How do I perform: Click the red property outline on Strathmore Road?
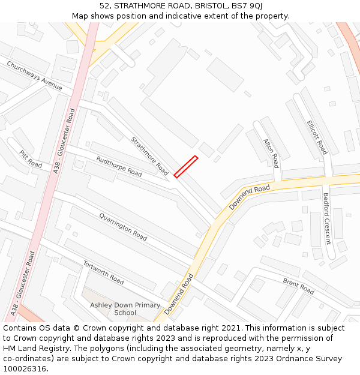pyautogui.click(x=186, y=167)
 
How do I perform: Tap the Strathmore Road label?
pyautogui.click(x=149, y=156)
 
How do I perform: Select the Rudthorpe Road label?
pyautogui.click(x=119, y=166)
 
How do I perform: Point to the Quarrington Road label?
pyautogui.click(x=123, y=227)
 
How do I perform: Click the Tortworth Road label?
pyautogui.click(x=103, y=272)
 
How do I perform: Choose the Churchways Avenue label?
pyautogui.click(x=34, y=76)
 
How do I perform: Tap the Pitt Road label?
pyautogui.click(x=30, y=159)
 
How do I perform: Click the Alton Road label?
pyautogui.click(x=271, y=153)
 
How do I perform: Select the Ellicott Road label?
pyautogui.click(x=317, y=137)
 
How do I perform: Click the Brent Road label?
pyautogui.click(x=298, y=287)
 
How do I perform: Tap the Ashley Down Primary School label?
pyautogui.click(x=125, y=308)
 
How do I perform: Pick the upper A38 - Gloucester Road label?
pyautogui.click(x=65, y=141)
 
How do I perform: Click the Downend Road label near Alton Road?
pyautogui.click(x=250, y=197)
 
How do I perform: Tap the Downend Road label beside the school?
pyautogui.click(x=179, y=294)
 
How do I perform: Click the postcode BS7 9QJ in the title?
pyautogui.click(x=248, y=6)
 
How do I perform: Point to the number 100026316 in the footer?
pyautogui.click(x=24, y=369)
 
